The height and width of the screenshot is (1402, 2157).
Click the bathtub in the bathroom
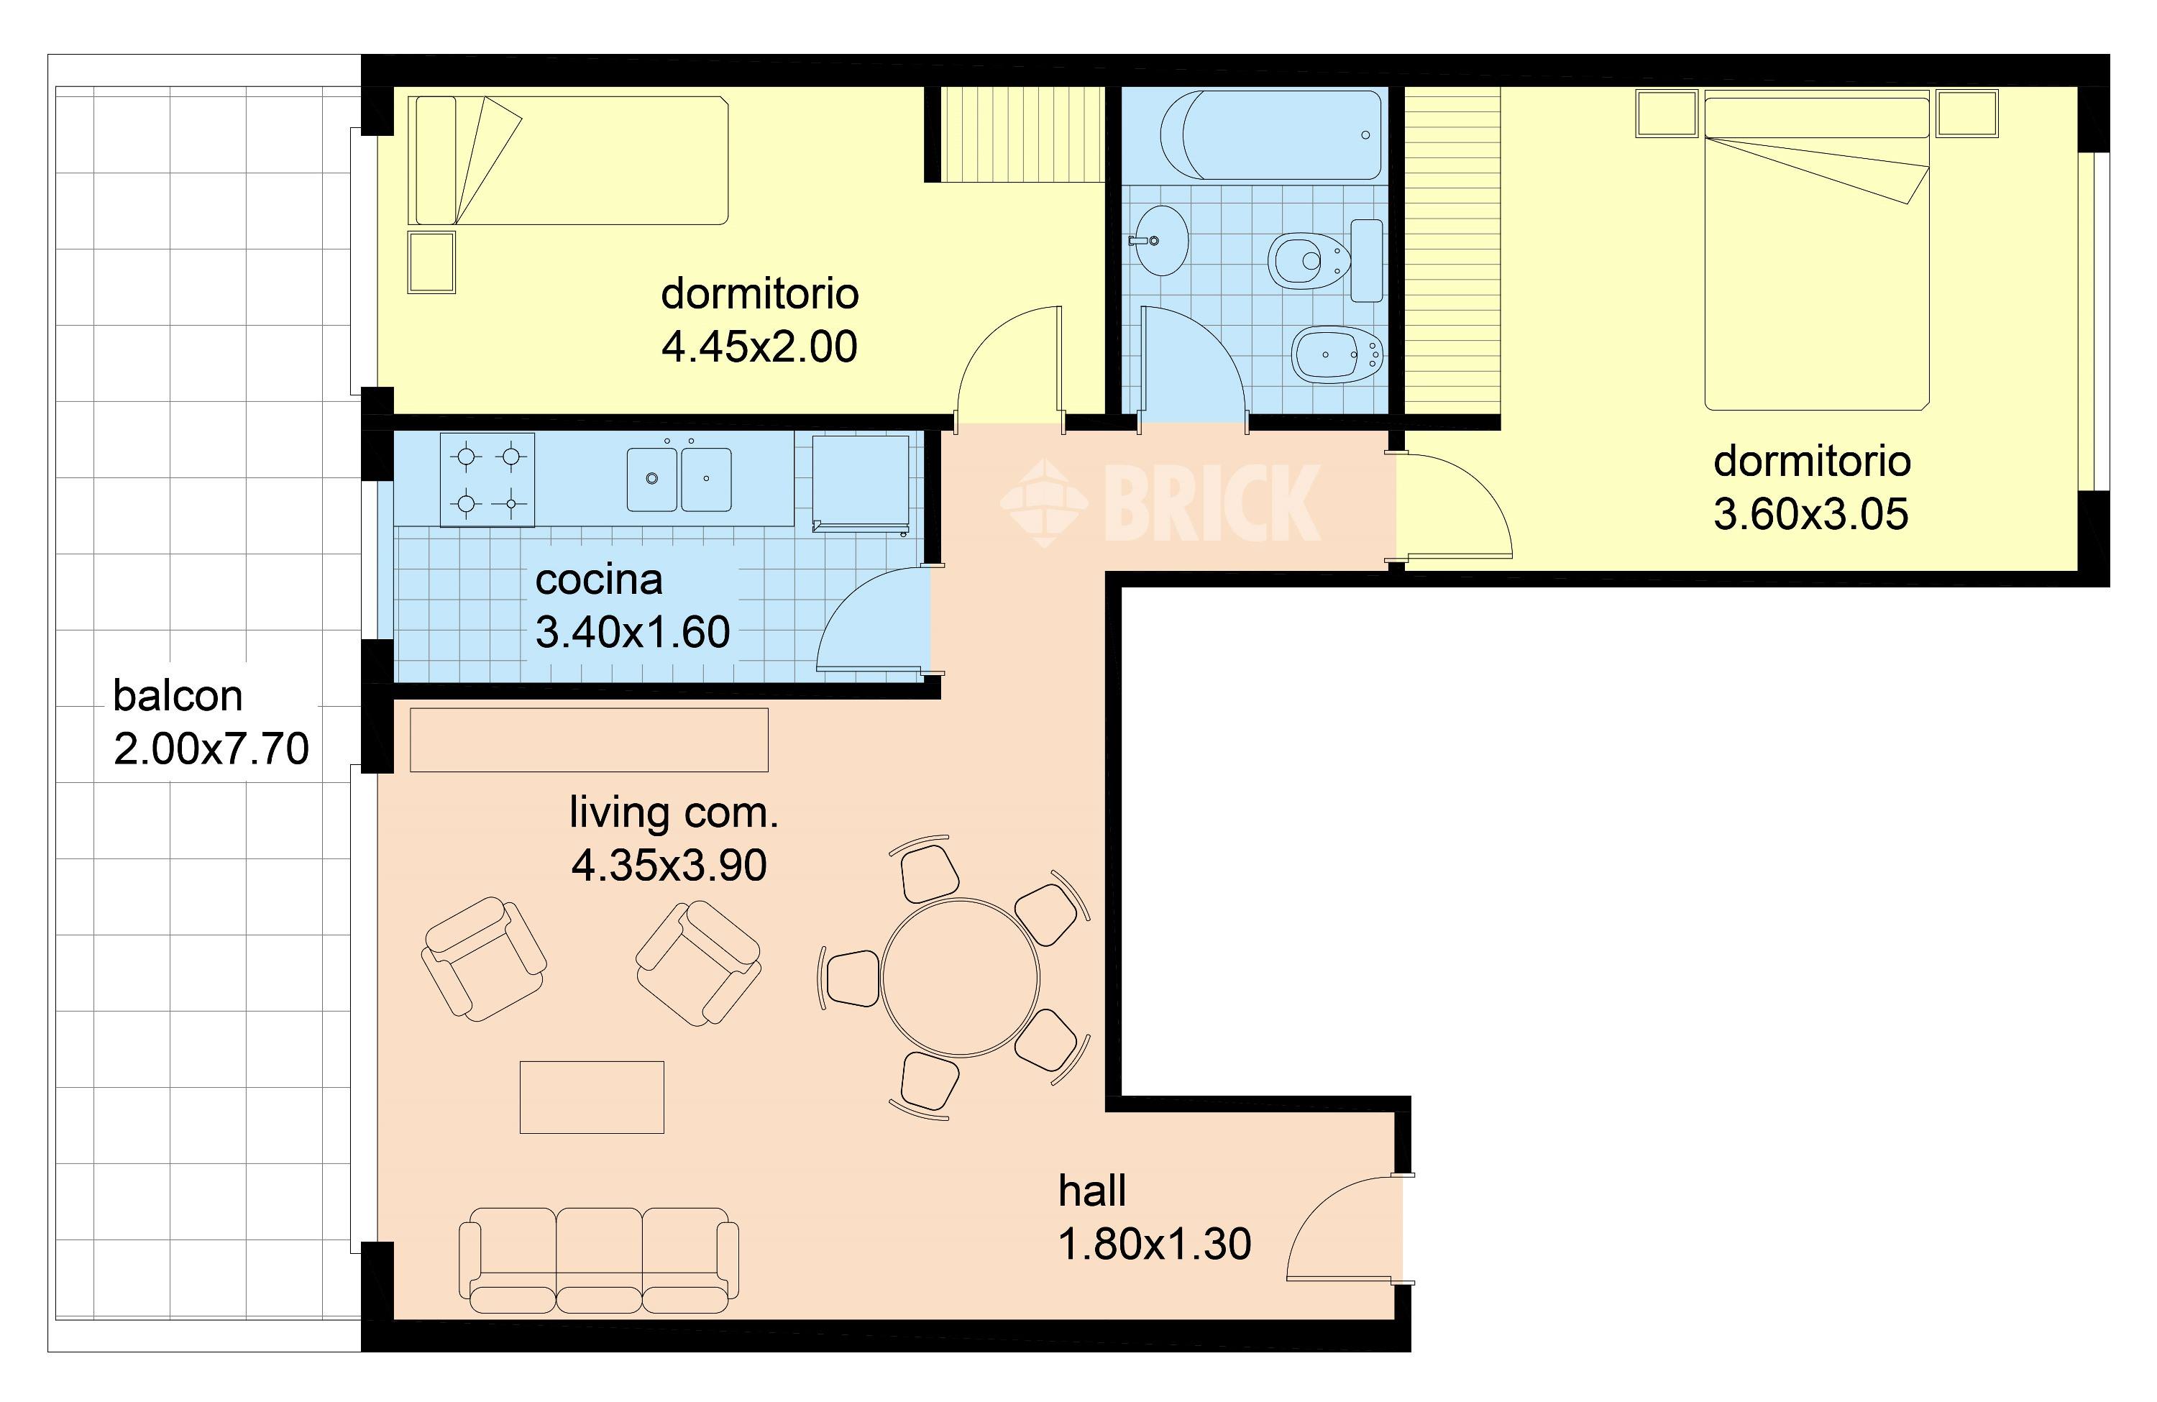coord(1271,134)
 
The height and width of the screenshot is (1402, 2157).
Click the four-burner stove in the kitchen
coord(487,480)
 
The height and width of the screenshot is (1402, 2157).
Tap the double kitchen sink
coord(679,477)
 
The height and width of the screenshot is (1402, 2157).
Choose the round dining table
coord(960,978)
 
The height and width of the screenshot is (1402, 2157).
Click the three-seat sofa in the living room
coord(598,1260)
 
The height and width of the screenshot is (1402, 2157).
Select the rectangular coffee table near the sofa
coord(592,1096)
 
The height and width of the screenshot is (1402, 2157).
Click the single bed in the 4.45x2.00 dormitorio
coord(568,160)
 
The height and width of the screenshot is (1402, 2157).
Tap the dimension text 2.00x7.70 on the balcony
coord(211,749)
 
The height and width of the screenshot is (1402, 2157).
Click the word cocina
coord(599,580)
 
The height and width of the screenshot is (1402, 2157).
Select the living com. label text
coord(674,813)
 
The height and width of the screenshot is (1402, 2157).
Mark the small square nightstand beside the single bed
coord(431,263)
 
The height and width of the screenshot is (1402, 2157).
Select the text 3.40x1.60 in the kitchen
coord(633,633)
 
